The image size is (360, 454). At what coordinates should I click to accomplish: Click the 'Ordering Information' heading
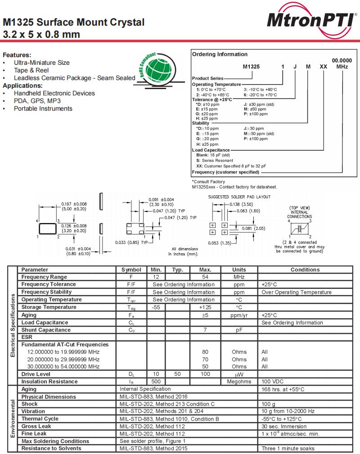(x=220, y=54)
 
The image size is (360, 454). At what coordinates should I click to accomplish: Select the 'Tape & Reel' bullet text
(x=31, y=70)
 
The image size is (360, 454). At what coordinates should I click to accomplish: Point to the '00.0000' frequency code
(x=342, y=60)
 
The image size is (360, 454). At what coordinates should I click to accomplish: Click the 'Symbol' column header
(x=131, y=270)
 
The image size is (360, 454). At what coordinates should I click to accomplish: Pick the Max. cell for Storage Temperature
(x=205, y=307)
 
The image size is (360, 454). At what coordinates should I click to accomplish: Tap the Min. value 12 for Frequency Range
(x=156, y=277)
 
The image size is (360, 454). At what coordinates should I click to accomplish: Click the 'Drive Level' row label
(x=36, y=374)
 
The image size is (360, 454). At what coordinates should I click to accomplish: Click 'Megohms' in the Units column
(x=239, y=382)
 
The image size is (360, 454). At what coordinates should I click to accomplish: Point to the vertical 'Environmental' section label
(x=13, y=418)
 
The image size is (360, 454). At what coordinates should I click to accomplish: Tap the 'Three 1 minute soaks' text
(x=288, y=449)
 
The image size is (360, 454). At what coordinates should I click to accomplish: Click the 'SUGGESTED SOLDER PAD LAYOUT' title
(x=239, y=197)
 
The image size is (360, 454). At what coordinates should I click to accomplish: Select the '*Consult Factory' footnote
(x=208, y=182)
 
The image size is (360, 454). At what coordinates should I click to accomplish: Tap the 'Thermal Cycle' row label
(x=40, y=419)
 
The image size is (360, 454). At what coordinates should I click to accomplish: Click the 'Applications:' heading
(x=22, y=85)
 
